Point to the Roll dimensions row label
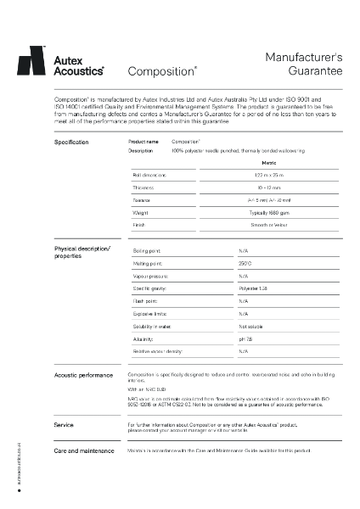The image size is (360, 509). [149, 174]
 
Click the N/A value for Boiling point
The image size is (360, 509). [244, 251]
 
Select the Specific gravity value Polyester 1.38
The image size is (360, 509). [253, 288]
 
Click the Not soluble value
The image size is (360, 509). [250, 326]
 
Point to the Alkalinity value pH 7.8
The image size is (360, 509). [245, 338]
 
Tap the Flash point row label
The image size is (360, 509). [146, 301]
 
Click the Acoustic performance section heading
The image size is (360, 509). [84, 375]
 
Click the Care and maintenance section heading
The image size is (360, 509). [85, 450]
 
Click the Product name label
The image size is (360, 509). [143, 142]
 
